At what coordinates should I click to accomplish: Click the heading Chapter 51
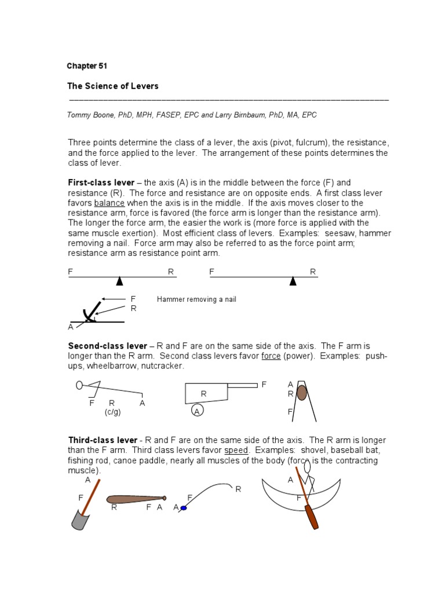pos(87,66)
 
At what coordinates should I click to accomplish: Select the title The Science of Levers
pos(113,86)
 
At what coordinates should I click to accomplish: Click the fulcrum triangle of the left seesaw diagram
pos(119,281)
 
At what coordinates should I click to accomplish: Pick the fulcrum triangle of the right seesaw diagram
pos(293,281)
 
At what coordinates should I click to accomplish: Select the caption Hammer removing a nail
pos(196,299)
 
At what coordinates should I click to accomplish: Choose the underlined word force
pos(271,356)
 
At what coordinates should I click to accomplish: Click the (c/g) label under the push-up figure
pos(112,412)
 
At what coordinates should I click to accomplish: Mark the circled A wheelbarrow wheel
pos(197,411)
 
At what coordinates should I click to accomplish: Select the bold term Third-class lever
pos(103,440)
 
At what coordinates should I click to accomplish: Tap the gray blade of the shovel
pos(79,519)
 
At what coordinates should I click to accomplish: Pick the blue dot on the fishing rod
pos(184,508)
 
